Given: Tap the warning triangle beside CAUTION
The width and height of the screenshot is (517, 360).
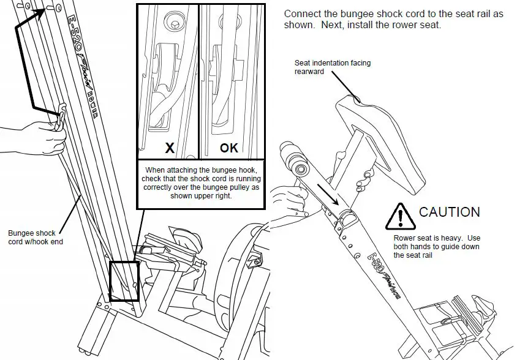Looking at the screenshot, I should (400, 216).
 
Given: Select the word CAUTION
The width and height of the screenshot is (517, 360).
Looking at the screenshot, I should (449, 212).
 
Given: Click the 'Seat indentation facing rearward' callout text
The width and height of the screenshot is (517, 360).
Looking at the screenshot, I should (332, 67).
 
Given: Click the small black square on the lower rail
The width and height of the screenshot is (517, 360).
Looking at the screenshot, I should (124, 281).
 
